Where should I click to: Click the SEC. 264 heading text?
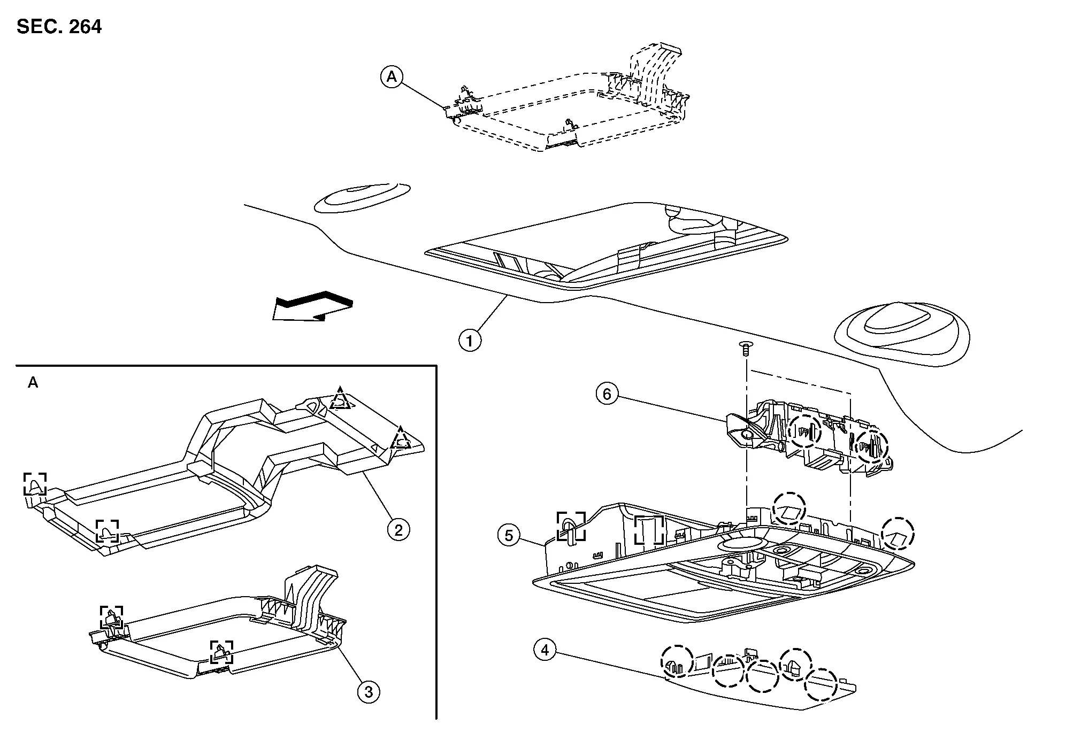[x=59, y=26]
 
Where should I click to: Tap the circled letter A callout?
[x=392, y=78]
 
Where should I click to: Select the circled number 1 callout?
[x=470, y=340]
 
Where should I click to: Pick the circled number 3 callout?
[x=368, y=692]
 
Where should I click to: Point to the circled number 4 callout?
[x=545, y=650]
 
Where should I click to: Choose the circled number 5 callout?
[x=508, y=535]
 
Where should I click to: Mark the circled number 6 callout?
[x=607, y=394]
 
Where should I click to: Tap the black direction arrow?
[x=312, y=307]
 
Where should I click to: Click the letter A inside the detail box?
[x=33, y=383]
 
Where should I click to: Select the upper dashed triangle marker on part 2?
[x=340, y=399]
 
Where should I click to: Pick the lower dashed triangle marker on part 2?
[x=401, y=438]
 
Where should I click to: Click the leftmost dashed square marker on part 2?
[x=35, y=484]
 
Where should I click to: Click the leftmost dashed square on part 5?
[x=571, y=526]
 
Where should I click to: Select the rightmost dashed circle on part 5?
[x=898, y=534]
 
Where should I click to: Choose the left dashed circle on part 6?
[x=805, y=430]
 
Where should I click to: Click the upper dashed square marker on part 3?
[x=111, y=617]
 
